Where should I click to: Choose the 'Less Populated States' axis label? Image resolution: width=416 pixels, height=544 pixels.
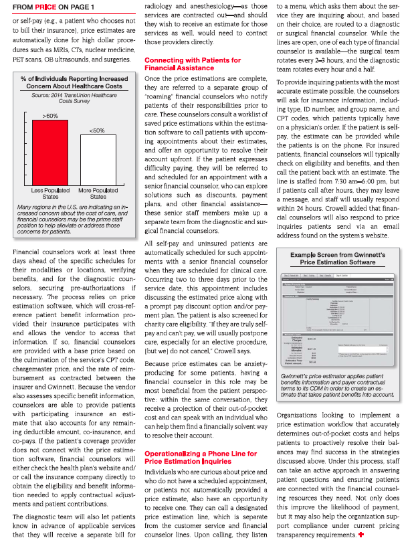pos(50,193)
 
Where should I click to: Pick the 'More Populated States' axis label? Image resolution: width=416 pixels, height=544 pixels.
pos(98,193)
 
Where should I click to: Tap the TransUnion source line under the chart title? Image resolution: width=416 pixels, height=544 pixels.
pos(74,98)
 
